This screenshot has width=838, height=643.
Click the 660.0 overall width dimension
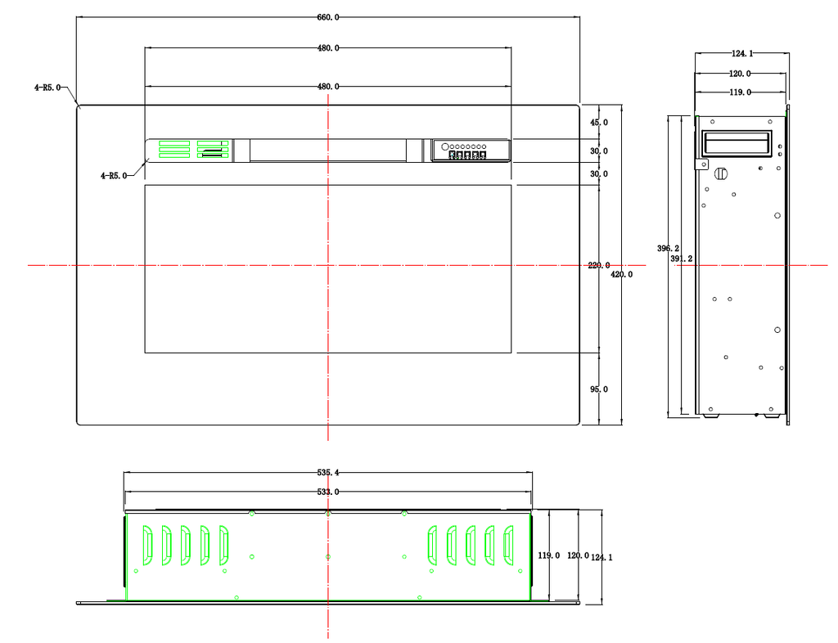pyautogui.click(x=327, y=17)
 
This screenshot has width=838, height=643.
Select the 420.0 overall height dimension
pyautogui.click(x=622, y=275)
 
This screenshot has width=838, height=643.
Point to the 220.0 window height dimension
pyautogui.click(x=598, y=265)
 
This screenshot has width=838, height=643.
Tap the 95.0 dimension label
pyautogui.click(x=598, y=389)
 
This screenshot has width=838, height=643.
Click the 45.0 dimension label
pyautogui.click(x=598, y=122)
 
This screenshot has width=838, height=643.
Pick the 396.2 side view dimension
pyautogui.click(x=668, y=249)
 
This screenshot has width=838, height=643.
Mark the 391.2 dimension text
pyautogui.click(x=682, y=259)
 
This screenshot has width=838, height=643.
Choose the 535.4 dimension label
pyautogui.click(x=327, y=472)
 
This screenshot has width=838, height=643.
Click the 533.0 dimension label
pyautogui.click(x=327, y=492)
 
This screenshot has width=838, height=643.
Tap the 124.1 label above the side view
pyautogui.click(x=741, y=53)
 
